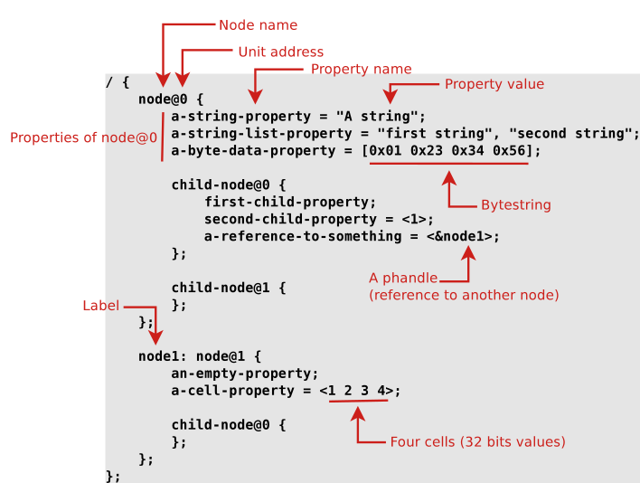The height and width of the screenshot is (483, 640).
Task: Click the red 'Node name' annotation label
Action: click(x=258, y=25)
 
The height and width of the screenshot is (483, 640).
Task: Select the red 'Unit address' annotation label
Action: click(x=280, y=52)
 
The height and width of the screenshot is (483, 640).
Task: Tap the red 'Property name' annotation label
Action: click(x=361, y=70)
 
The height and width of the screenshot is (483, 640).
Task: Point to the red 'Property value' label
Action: click(x=494, y=84)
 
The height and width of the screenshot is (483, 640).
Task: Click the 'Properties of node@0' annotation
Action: click(x=83, y=137)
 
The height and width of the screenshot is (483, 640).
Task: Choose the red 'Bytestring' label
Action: click(x=515, y=205)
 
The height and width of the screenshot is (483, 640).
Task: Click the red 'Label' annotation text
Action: click(x=100, y=306)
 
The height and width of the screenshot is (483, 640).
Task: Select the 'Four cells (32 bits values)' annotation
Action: click(x=477, y=442)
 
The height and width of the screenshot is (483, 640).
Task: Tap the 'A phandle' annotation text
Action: click(x=402, y=278)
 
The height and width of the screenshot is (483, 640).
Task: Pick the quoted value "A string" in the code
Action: click(x=380, y=116)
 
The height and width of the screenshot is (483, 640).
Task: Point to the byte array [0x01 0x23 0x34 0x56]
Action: click(x=449, y=151)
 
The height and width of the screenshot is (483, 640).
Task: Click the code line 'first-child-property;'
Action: click(x=290, y=202)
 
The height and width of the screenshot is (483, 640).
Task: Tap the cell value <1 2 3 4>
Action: click(x=359, y=391)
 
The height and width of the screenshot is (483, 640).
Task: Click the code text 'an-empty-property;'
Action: click(x=245, y=374)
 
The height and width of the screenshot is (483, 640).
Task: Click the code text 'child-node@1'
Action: click(x=222, y=288)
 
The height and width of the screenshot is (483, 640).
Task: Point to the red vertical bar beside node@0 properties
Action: click(x=163, y=136)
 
